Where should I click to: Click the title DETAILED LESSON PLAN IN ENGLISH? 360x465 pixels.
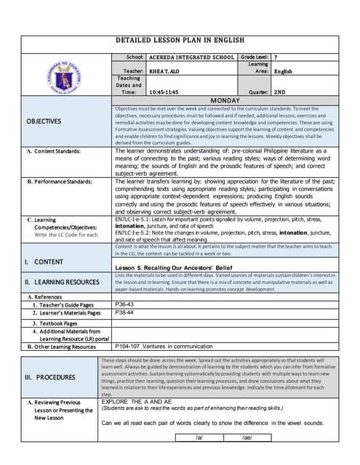tap(180, 40)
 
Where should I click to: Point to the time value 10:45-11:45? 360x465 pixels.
tap(165, 92)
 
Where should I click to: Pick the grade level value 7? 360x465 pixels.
tap(276, 57)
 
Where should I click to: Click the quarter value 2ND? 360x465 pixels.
tap(280, 92)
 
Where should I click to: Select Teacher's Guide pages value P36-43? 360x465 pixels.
tap(125, 305)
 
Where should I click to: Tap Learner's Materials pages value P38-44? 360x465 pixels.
tap(125, 313)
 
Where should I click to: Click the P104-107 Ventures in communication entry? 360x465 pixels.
tap(164, 347)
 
